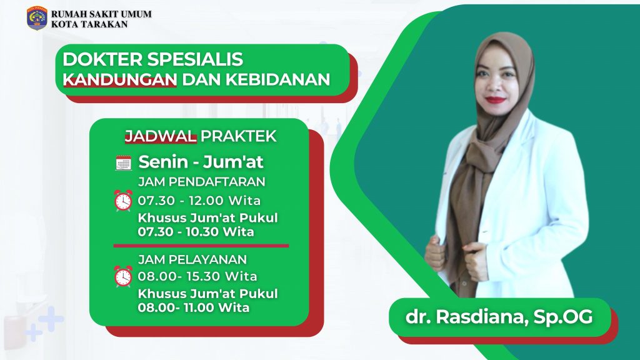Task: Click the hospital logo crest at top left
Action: coord(37,19)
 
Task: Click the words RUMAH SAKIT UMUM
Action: coord(101,14)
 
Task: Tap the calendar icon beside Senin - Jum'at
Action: coord(124,162)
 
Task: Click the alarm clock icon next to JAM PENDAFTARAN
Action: coord(124,201)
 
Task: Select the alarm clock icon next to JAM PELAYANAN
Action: coord(124,276)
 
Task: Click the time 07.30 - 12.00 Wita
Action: coord(199,201)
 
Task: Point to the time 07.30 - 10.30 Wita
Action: coord(196,232)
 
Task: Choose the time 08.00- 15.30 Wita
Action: coord(197,276)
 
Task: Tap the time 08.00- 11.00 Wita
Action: coord(194,307)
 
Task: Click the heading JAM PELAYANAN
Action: coord(192,259)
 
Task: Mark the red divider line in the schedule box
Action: coord(201,246)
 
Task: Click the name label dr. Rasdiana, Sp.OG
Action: coord(499,317)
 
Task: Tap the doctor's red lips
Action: coord(496,99)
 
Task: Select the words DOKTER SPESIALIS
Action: coord(153,59)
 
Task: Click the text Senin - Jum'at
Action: coord(201,162)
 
